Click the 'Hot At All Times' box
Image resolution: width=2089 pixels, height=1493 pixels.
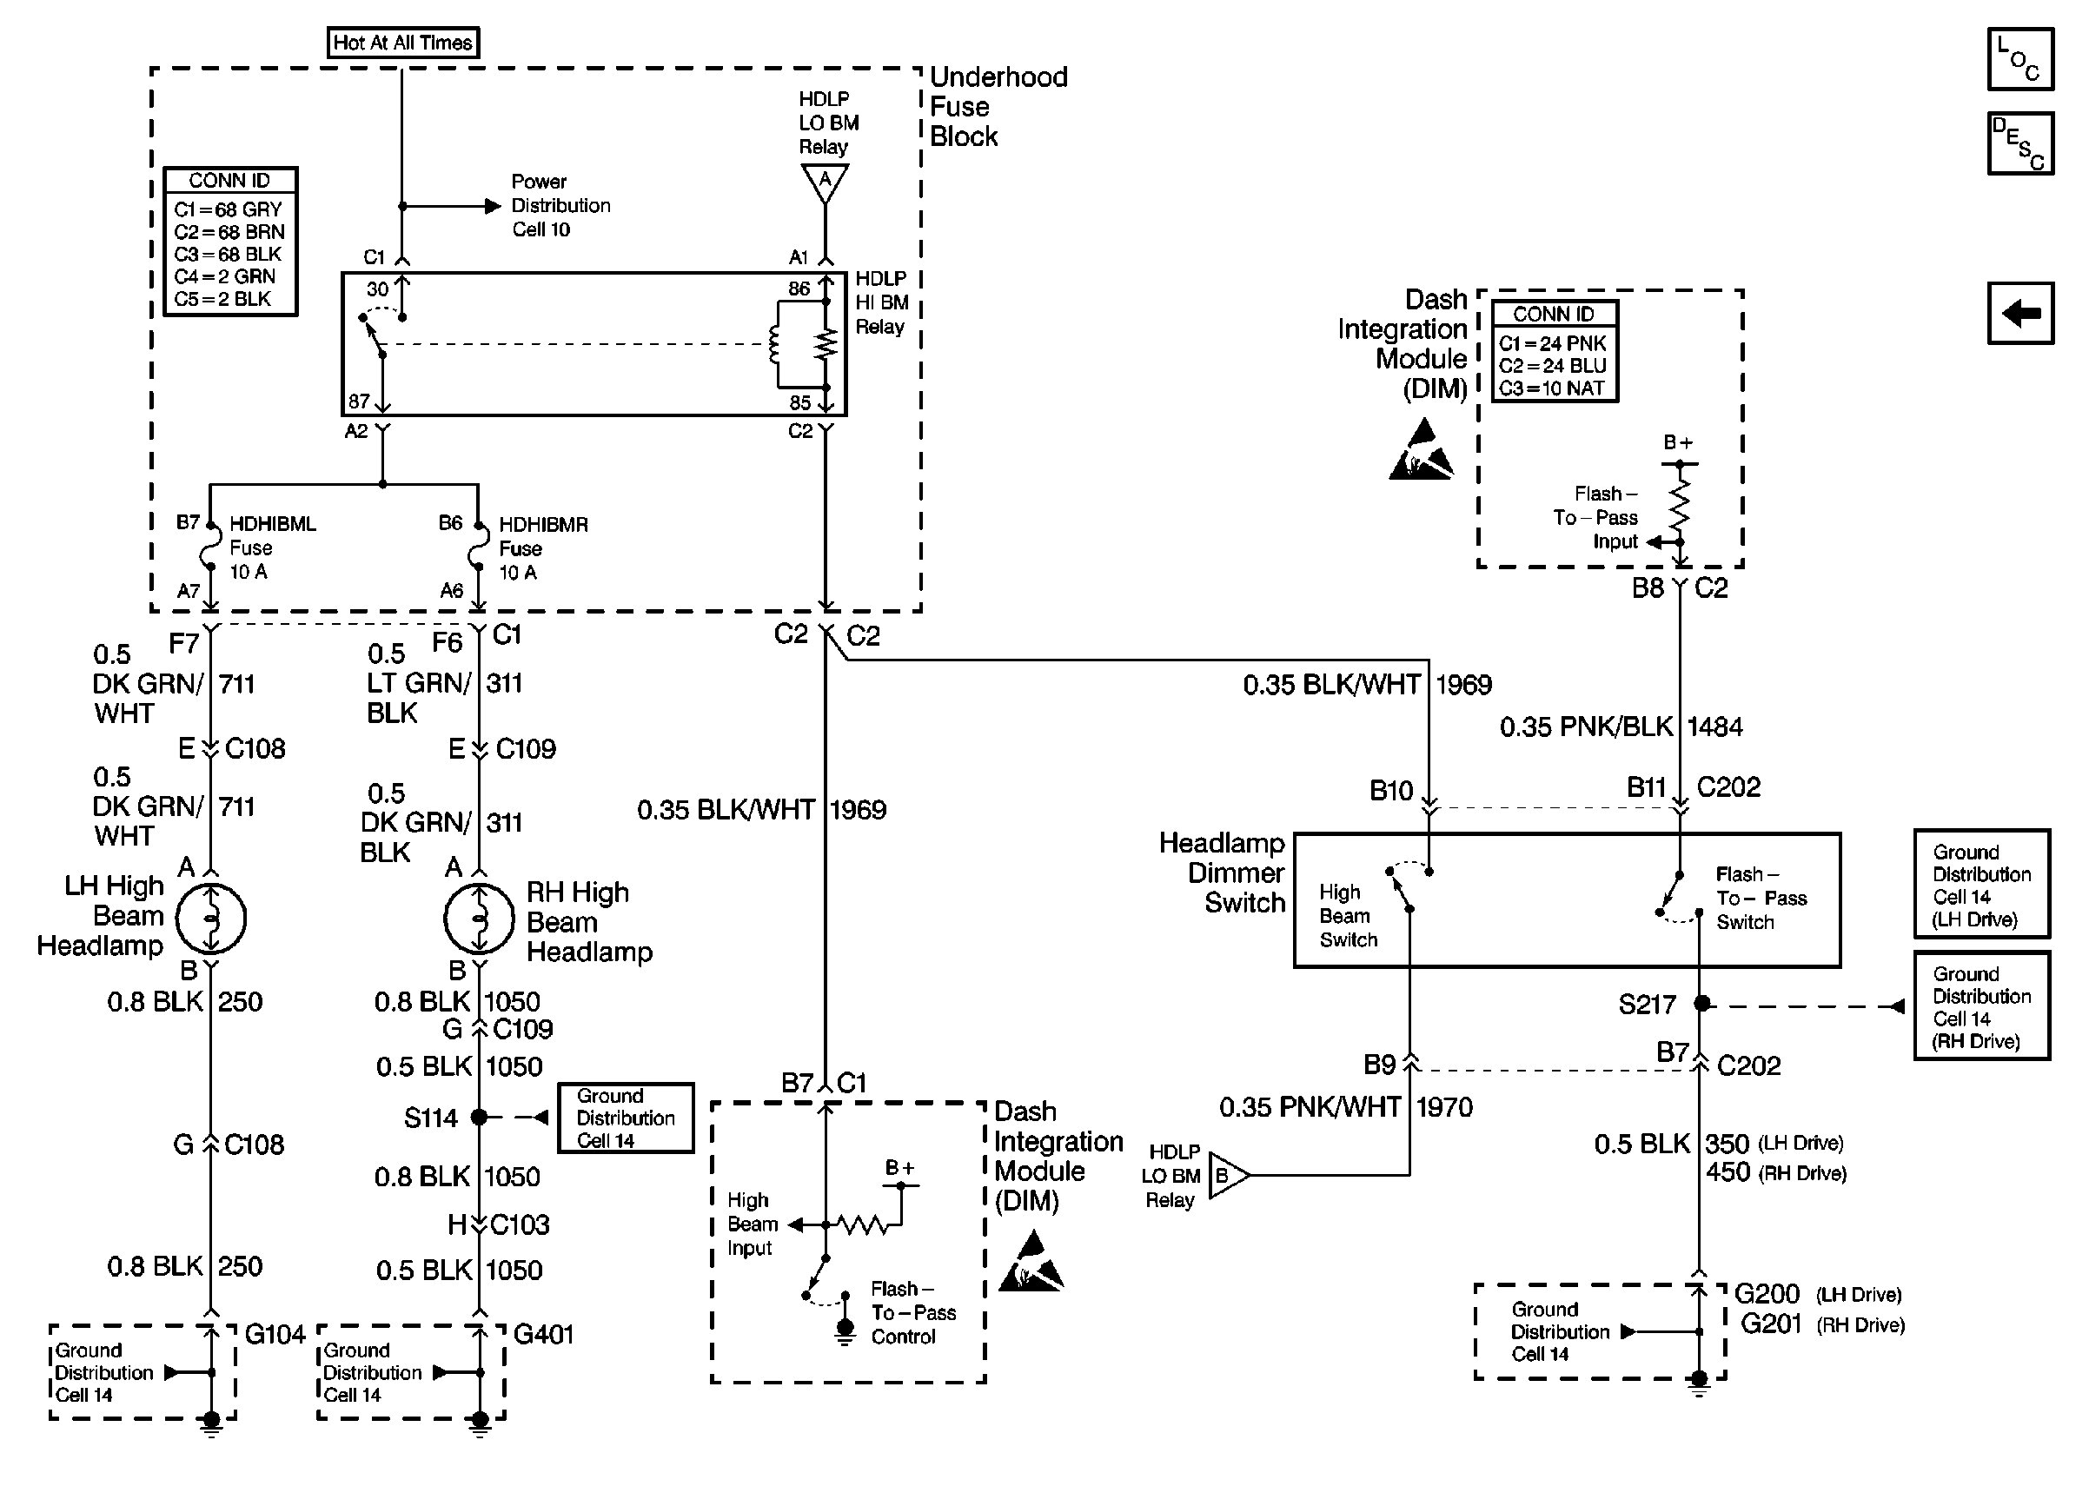(402, 43)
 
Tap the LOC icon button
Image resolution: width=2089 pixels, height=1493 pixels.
(2020, 60)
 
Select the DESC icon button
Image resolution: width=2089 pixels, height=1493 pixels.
(2020, 143)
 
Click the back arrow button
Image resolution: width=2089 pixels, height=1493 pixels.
(2020, 314)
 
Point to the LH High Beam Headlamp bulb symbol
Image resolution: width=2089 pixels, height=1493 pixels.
(210, 919)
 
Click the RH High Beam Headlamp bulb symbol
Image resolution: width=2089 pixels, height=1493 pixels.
(479, 919)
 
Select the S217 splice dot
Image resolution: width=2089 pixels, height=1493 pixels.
(1701, 1004)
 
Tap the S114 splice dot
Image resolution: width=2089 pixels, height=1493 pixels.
(479, 1117)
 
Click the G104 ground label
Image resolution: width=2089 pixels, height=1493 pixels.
(275, 1334)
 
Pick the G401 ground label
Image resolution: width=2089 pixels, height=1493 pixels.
(543, 1334)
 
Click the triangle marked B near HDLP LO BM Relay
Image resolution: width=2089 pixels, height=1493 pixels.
(1227, 1175)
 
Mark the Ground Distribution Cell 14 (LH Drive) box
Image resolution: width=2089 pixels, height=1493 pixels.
(1981, 885)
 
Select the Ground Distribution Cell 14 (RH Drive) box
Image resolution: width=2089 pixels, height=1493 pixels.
(1981, 1006)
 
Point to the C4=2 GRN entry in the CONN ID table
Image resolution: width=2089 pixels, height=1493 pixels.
(225, 276)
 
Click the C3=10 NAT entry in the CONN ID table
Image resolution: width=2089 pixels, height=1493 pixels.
(1551, 388)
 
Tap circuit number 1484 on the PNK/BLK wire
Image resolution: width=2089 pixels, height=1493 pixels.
(1715, 727)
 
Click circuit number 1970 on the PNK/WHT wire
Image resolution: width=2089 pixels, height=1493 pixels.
(1445, 1107)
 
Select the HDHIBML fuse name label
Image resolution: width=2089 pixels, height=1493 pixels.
(273, 524)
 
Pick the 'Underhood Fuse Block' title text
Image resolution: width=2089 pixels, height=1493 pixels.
(998, 107)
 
